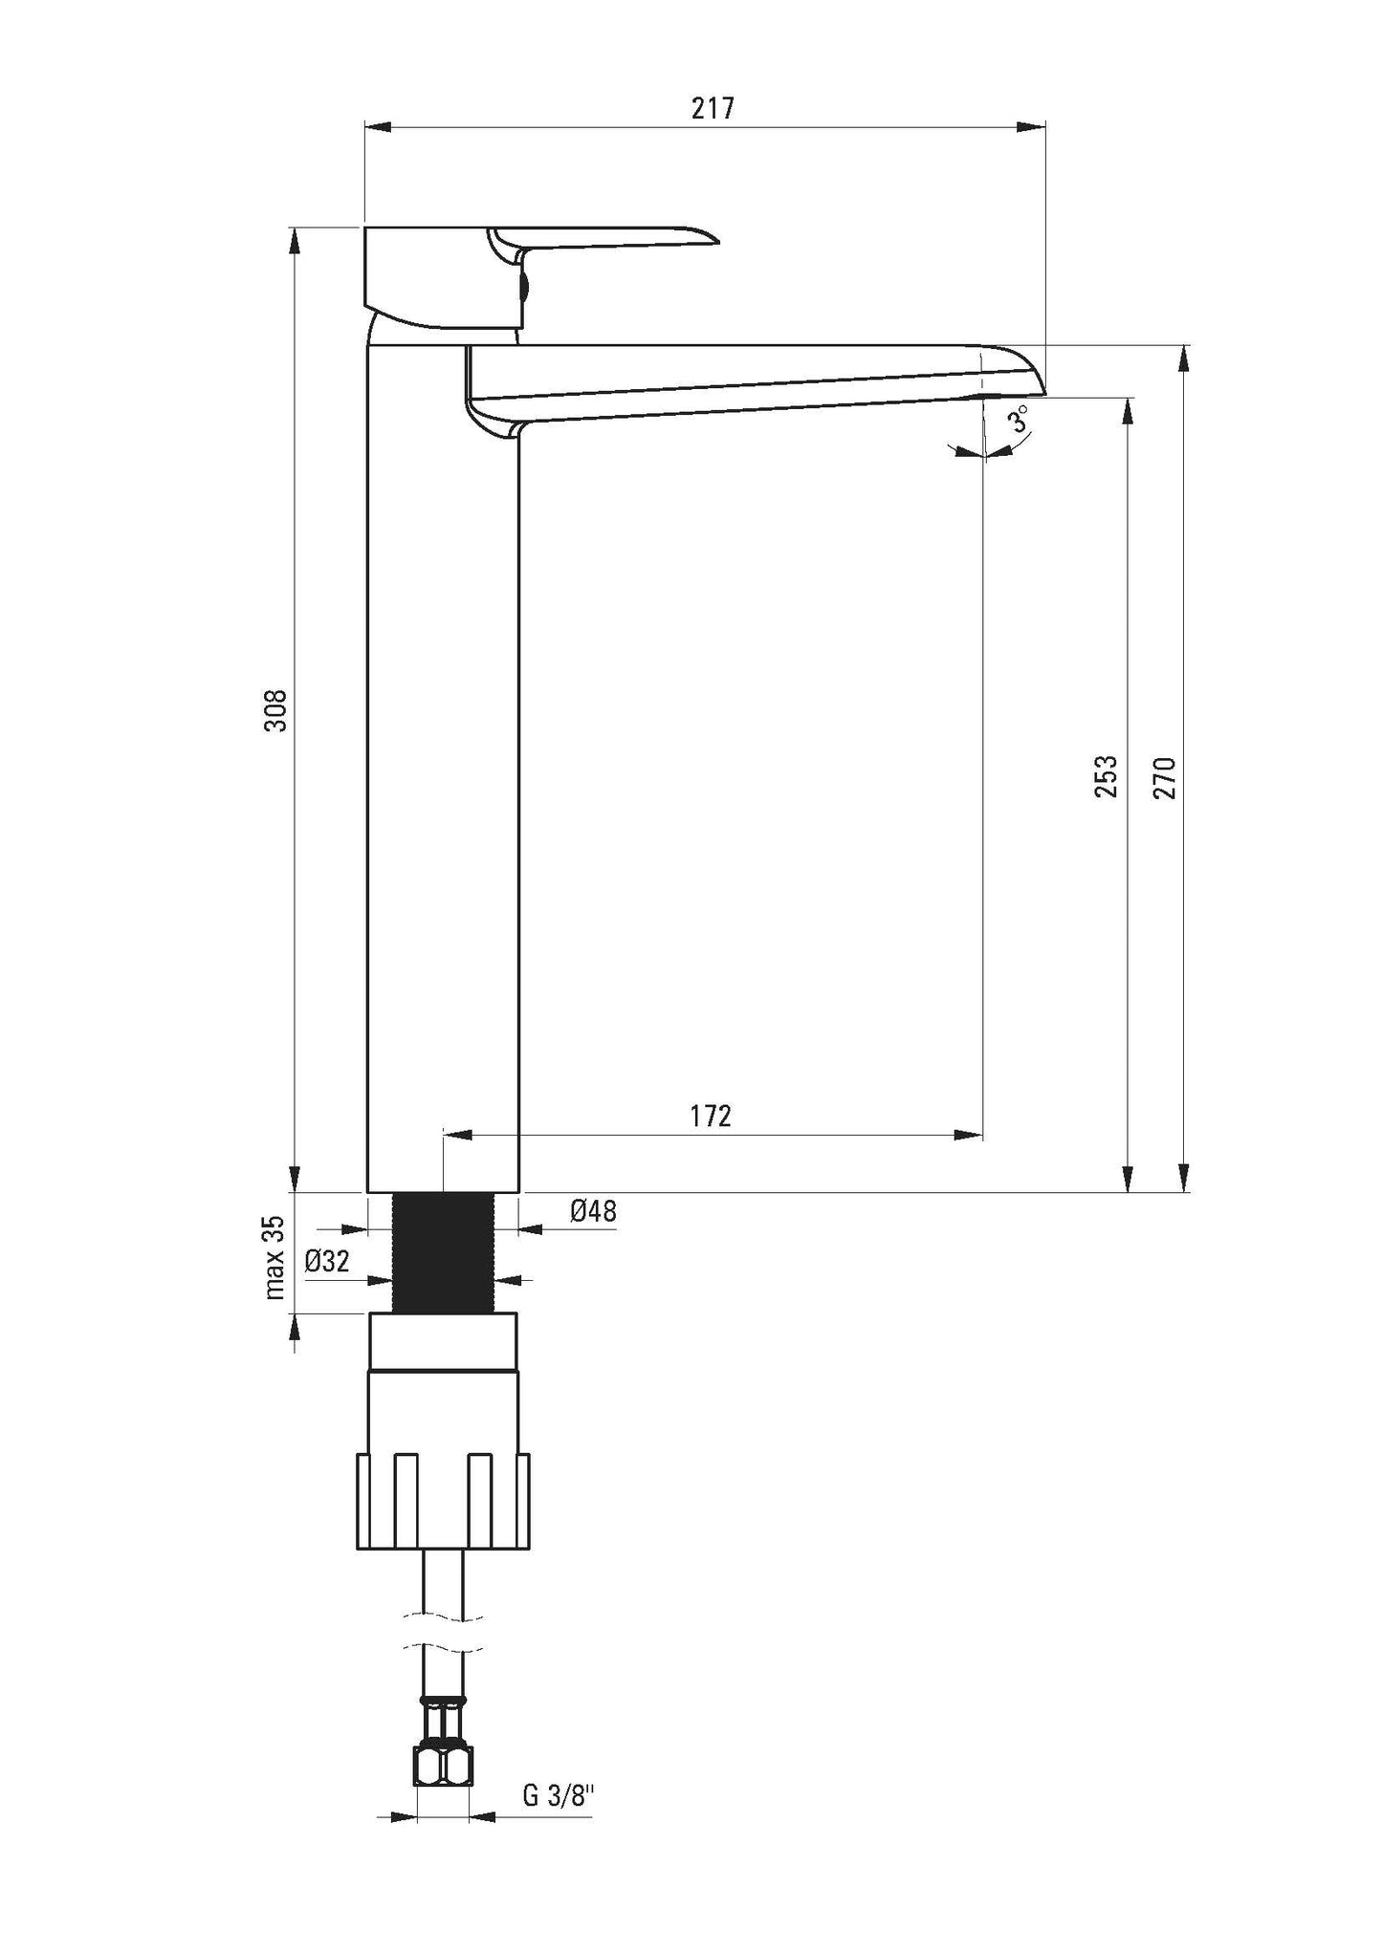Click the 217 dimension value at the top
tap(713, 108)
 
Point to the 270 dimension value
tap(1164, 776)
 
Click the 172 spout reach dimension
tap(711, 1115)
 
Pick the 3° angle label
tap(1020, 420)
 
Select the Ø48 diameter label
tap(593, 1211)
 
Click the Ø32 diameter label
tap(327, 1262)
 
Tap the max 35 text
tap(275, 1258)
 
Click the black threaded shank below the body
tap(443, 1252)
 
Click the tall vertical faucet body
tap(443, 765)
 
